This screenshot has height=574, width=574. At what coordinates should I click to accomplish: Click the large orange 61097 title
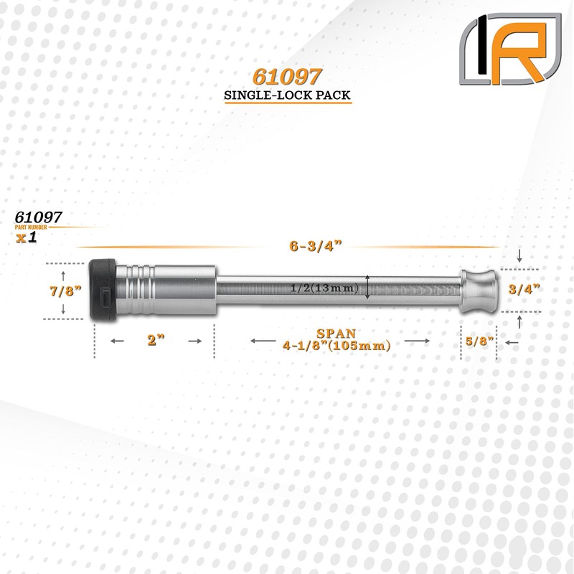(x=288, y=77)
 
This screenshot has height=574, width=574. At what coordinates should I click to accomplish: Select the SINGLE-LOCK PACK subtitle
(x=287, y=95)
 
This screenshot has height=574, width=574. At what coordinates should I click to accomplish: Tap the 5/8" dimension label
(x=477, y=342)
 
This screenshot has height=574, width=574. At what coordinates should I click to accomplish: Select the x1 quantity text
(x=27, y=237)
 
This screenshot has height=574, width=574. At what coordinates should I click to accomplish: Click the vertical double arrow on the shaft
(x=368, y=287)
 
